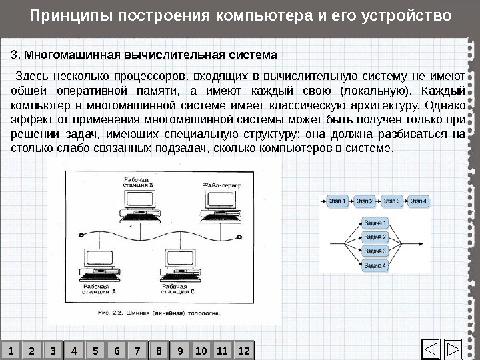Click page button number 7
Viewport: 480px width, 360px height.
138,350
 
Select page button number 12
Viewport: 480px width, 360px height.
244,350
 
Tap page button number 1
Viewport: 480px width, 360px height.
11,350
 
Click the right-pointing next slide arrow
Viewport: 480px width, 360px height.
454,349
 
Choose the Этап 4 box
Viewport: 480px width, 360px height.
418,200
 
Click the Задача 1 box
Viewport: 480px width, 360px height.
375,223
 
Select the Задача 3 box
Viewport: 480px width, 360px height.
375,251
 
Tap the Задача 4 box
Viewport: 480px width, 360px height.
375,265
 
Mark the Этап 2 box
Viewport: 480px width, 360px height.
365,200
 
